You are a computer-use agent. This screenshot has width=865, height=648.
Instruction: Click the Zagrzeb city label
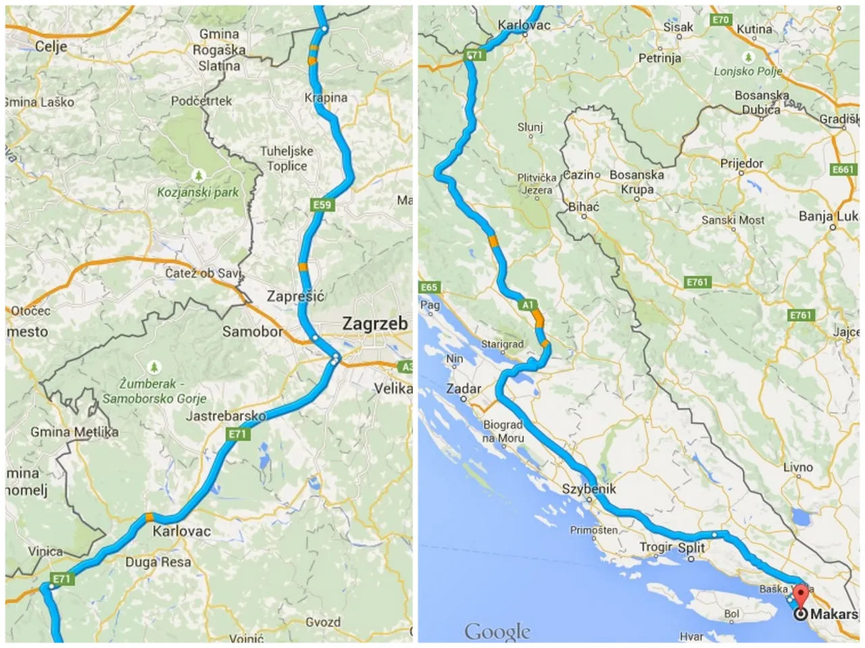374,323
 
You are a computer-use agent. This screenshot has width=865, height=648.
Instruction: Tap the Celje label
51,46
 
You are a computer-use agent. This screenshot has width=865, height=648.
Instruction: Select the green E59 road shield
322,205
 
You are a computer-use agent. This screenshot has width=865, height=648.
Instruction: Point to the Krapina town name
326,98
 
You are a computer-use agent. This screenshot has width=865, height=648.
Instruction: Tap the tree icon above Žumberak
155,367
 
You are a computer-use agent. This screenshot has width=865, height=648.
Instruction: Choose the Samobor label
253,331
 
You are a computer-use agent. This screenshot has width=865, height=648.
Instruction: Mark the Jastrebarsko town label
226,416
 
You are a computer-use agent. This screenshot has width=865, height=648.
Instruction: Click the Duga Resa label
158,562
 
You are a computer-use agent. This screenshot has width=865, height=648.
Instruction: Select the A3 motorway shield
405,367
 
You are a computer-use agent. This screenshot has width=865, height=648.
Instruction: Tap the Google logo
497,632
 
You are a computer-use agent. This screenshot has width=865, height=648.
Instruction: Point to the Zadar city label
464,389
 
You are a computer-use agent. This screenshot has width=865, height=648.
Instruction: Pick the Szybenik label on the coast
589,489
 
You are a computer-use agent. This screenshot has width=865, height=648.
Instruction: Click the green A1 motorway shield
528,305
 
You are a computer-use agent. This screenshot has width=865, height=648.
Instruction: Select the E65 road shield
429,287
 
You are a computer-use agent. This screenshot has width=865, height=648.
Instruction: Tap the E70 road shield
721,20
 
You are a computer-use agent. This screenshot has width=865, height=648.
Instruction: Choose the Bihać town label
583,207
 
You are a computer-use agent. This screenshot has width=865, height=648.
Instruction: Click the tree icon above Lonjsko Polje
748,57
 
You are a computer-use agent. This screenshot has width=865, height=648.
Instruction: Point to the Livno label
798,467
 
